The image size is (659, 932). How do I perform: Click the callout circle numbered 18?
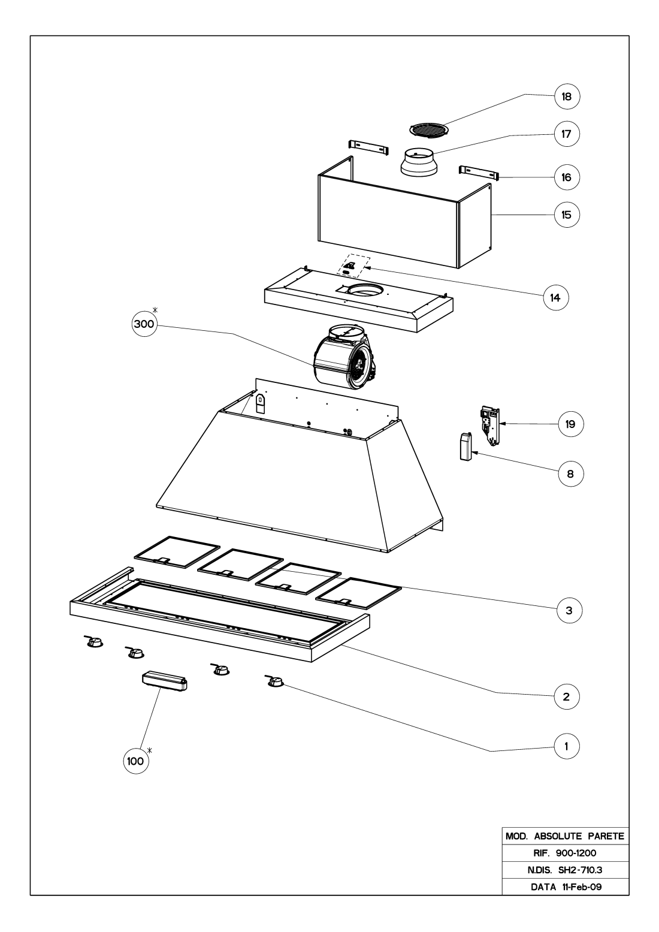point(567,96)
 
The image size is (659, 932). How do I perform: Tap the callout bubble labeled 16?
point(567,177)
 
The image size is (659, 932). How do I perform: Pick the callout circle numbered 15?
point(567,214)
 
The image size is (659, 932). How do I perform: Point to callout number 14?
point(555,297)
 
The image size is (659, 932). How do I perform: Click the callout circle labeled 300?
point(144,324)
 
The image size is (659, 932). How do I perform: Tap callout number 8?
point(570,473)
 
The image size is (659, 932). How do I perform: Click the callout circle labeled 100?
point(135,761)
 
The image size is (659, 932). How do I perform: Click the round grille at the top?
point(428,130)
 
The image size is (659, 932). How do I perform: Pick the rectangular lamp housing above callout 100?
point(164,681)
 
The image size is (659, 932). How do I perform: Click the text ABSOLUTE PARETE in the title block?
point(578,835)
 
